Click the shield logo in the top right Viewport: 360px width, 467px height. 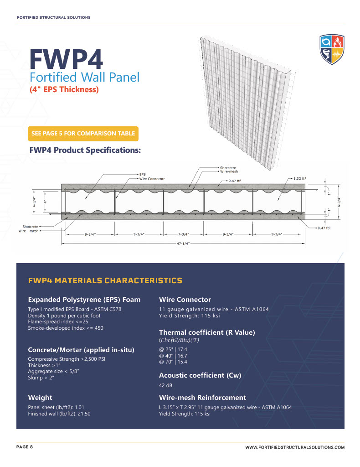click(331, 50)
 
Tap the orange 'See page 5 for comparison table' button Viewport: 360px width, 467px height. click(83, 134)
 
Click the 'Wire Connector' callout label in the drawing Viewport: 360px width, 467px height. click(152, 178)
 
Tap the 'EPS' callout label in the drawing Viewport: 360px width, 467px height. click(142, 174)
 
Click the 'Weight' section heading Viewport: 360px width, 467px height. click(40, 397)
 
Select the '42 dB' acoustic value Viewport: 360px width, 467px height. click(165, 385)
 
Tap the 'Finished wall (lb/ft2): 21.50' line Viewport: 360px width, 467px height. click(59, 414)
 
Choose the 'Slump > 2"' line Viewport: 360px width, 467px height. click(41, 378)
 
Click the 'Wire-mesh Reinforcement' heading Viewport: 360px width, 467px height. click(202, 397)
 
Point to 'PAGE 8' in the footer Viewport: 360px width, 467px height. click(25, 447)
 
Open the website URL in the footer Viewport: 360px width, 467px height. click(295, 448)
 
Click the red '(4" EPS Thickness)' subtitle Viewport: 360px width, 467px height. click(64, 89)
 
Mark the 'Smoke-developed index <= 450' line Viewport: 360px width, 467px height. click(66, 327)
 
